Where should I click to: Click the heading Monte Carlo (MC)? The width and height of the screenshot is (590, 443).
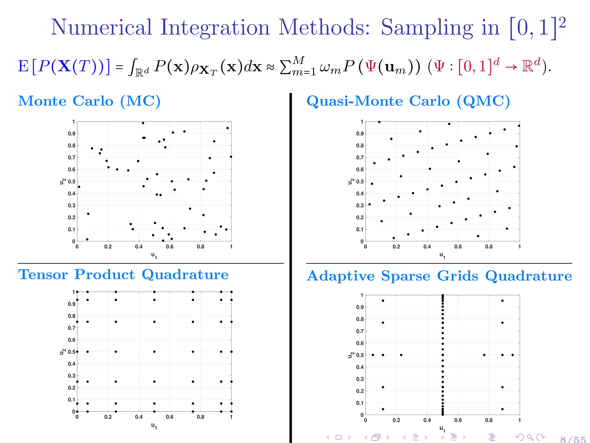(x=89, y=101)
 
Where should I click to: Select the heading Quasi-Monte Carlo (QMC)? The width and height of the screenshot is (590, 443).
(x=408, y=101)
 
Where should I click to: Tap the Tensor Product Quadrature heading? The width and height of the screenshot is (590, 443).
(x=123, y=275)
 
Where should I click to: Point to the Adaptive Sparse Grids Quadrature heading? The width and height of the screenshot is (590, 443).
(x=439, y=276)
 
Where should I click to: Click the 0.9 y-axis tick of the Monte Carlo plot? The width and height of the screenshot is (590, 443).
(x=71, y=134)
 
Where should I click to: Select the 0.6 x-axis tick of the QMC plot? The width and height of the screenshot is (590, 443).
(x=458, y=247)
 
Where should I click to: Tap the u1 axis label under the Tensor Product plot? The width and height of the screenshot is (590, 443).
(x=154, y=426)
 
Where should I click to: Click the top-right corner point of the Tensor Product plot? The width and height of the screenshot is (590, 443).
(x=231, y=292)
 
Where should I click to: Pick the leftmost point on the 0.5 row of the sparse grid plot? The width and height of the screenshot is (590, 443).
(x=373, y=355)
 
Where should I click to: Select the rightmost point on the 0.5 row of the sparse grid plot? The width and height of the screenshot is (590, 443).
(x=513, y=355)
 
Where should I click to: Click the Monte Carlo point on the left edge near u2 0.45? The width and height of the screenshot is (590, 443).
(x=79, y=187)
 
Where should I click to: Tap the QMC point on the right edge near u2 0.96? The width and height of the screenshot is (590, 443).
(x=519, y=126)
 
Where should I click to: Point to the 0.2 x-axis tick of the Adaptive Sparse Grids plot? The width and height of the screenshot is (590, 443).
(x=396, y=420)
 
